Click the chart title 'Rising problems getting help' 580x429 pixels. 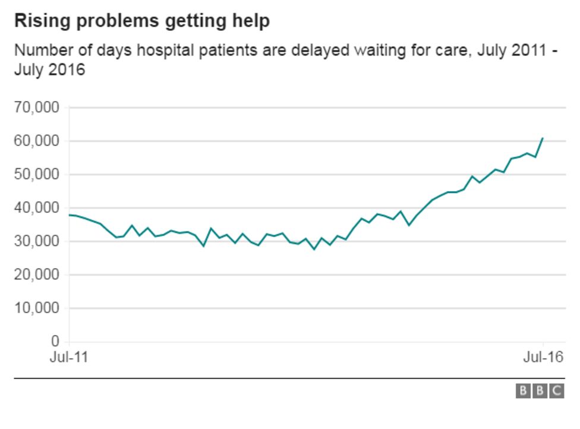(x=142, y=21)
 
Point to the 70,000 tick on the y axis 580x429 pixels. (x=37, y=108)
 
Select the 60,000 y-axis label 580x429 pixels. (x=37, y=141)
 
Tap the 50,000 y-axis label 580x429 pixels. (x=37, y=175)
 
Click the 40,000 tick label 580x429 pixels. (x=37, y=208)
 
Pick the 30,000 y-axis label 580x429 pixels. (x=37, y=241)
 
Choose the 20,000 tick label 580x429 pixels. (x=37, y=275)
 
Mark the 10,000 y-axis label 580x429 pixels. (x=37, y=308)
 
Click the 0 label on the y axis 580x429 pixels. (x=55, y=342)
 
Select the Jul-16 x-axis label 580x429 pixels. (x=543, y=357)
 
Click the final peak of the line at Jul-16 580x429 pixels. (x=543, y=138)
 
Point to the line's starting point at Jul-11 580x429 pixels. (x=70, y=215)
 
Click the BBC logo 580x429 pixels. (x=540, y=390)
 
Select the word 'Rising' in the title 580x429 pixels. (x=37, y=21)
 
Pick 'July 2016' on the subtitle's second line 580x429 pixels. (x=50, y=70)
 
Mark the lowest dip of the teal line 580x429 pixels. (x=314, y=249)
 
